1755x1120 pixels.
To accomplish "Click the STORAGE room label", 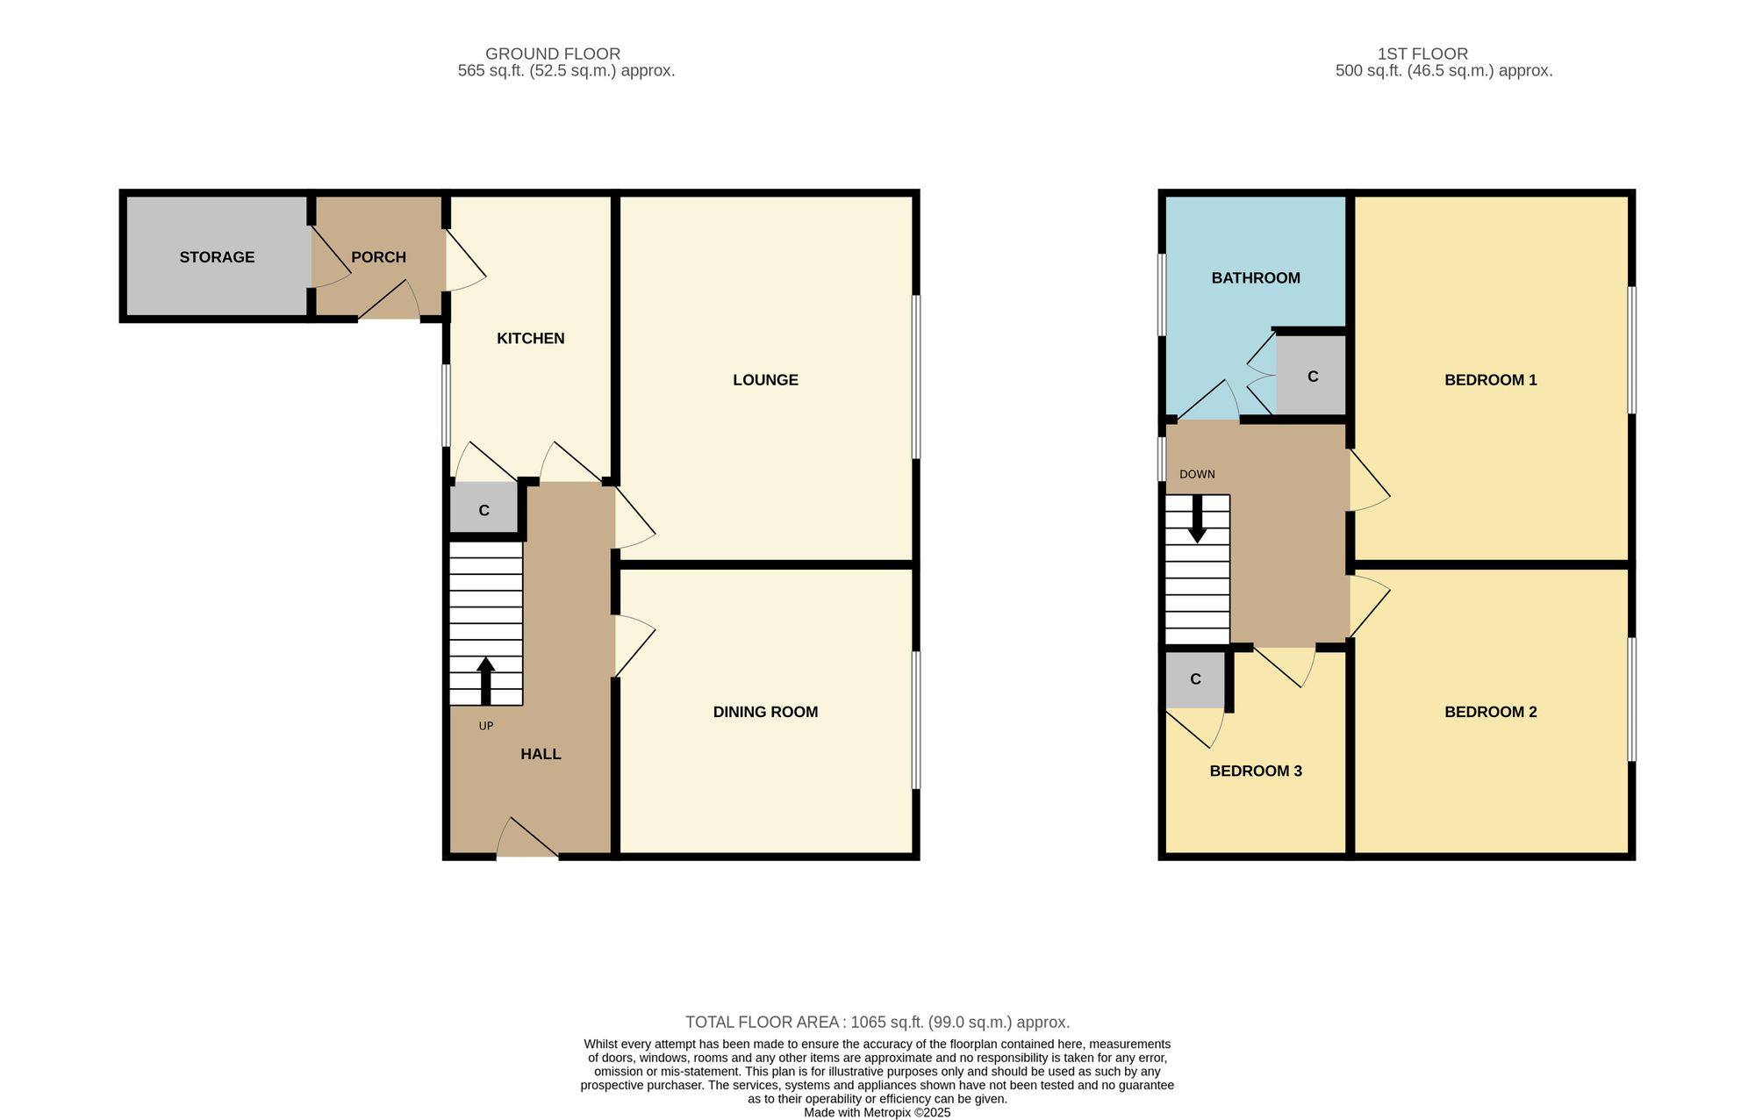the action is click(x=217, y=257).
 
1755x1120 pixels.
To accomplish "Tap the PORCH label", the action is click(x=378, y=257).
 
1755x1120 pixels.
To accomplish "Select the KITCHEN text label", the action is click(x=531, y=339).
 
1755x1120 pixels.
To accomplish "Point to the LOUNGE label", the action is click(x=765, y=380).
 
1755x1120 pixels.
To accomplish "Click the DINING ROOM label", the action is click(x=765, y=712).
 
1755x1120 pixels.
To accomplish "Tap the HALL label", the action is click(x=541, y=754).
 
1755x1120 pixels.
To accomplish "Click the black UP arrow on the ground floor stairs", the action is click(x=485, y=681).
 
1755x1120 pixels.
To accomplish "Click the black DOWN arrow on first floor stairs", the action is click(x=1197, y=519).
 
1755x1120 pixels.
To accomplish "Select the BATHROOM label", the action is click(x=1256, y=278).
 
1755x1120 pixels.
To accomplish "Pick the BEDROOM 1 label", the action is click(x=1491, y=380).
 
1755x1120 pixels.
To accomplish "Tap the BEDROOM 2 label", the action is click(x=1491, y=712).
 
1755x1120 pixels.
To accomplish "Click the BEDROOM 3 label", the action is click(x=1256, y=772).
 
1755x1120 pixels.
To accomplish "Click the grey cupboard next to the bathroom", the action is click(x=1311, y=376).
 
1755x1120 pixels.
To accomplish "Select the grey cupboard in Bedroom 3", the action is click(x=1194, y=679).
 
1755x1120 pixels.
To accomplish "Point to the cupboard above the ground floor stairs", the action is click(x=484, y=509).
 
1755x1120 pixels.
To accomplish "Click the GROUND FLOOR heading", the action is click(x=553, y=54).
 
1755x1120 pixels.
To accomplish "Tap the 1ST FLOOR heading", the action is click(x=1422, y=54).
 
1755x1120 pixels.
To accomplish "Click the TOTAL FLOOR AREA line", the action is click(x=877, y=1023).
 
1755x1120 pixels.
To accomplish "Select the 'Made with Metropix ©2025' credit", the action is click(x=877, y=1112).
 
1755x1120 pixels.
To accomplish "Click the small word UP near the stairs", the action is click(x=486, y=726).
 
